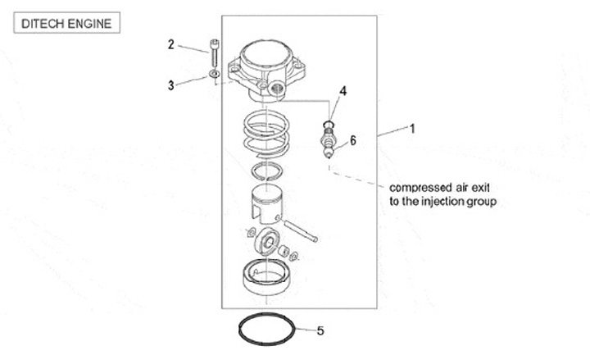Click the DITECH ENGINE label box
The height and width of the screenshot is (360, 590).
[66, 22]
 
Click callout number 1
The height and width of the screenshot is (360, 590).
[413, 128]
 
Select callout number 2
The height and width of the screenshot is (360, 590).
[171, 44]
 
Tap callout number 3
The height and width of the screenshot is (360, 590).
[171, 84]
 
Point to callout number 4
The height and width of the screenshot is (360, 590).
[343, 91]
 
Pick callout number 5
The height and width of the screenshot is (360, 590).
[320, 331]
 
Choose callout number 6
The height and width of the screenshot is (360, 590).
[353, 140]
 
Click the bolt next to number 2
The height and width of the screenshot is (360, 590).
[214, 55]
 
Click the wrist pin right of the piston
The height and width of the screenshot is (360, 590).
[301, 230]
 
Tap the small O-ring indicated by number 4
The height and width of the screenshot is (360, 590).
[329, 124]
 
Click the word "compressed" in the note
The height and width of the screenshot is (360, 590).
[418, 186]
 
